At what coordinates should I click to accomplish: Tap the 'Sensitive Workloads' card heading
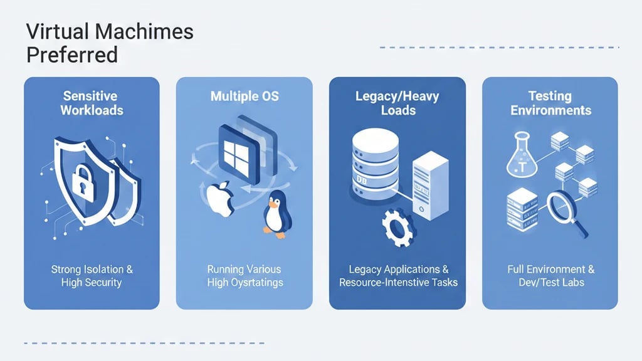(92, 103)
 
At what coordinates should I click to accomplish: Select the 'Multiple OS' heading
(244, 96)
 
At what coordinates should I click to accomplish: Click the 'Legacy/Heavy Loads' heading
(397, 103)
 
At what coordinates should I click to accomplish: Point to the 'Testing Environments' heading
(550, 103)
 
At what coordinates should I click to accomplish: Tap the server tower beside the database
(430, 185)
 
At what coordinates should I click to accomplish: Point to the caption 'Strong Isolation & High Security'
(92, 276)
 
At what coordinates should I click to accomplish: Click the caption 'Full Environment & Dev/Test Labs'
(550, 276)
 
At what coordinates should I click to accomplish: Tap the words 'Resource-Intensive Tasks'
(397, 283)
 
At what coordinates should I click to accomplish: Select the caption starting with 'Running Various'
(244, 276)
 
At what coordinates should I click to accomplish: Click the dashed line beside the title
(499, 47)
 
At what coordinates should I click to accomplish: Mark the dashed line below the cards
(144, 343)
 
